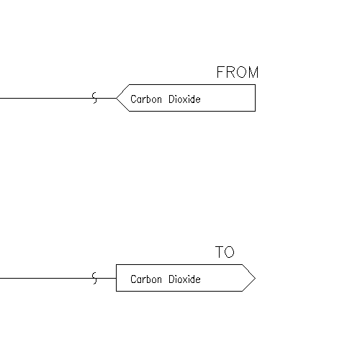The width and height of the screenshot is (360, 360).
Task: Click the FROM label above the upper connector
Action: (238, 72)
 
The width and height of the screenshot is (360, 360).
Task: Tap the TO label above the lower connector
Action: (225, 252)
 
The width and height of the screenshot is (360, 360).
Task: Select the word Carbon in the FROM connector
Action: (146, 99)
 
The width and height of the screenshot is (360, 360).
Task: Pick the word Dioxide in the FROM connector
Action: (184, 99)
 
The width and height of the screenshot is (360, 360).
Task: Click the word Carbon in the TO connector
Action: (146, 279)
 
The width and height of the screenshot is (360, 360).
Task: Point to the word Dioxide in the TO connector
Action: (184, 279)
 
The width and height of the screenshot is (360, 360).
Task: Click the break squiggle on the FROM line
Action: (95, 98)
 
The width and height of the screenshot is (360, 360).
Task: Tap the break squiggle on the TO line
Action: (95, 278)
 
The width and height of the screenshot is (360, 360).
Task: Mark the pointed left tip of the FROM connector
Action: (117, 98)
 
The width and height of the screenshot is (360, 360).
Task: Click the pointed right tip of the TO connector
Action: (256, 278)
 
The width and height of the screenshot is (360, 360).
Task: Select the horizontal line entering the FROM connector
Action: (58, 98)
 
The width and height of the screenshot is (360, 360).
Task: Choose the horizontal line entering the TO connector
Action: (58, 278)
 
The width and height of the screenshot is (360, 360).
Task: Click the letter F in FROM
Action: (220, 72)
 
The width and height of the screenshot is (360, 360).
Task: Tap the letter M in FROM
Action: (253, 72)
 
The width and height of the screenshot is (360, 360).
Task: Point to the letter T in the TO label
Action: (220, 252)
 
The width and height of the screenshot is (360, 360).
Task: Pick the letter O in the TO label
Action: (230, 252)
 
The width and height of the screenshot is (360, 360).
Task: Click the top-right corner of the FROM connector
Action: (255, 84)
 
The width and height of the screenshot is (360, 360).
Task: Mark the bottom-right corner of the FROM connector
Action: (255, 111)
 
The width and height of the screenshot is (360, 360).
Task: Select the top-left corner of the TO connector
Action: (117, 265)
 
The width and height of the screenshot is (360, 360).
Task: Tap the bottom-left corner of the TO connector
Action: (117, 291)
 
